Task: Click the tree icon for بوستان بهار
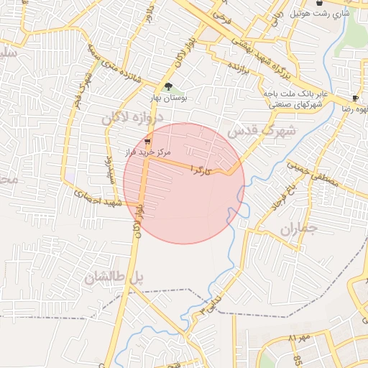coord(169,87)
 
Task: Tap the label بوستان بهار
coord(168,98)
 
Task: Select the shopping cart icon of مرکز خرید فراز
coord(147,141)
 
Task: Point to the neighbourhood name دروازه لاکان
coord(138,119)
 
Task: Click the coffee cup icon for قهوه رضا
coord(355,98)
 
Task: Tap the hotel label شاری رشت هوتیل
coord(320,14)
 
